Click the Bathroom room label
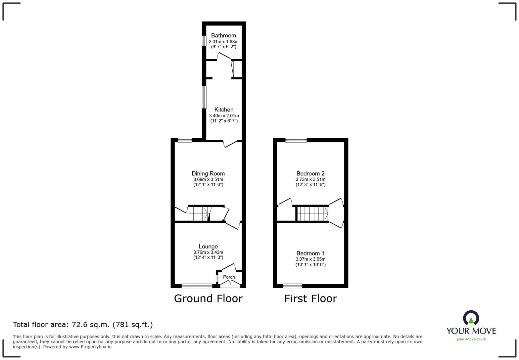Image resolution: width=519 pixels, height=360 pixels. tap(223, 35)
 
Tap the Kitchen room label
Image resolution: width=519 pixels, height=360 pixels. tap(224, 110)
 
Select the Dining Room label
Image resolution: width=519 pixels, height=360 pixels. tap(208, 173)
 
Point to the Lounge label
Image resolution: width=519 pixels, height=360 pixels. tap(208, 247)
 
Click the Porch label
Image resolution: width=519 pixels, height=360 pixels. tap(229, 277)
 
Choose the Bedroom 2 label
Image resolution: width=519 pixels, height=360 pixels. tap(310, 173)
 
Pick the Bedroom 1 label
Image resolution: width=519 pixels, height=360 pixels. tap(310, 253)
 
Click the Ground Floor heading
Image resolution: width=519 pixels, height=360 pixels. tap(208, 298)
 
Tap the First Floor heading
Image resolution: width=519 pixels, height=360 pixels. tap(310, 298)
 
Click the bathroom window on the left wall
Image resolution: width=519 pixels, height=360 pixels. tap(204, 41)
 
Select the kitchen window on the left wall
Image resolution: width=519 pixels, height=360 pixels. tap(204, 97)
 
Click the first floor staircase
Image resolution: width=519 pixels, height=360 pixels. tap(312, 214)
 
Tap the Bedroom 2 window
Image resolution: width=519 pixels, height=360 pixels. tap(296, 140)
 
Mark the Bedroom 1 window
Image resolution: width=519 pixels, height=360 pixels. tap(292, 286)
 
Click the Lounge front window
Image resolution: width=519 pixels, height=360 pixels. tap(197, 286)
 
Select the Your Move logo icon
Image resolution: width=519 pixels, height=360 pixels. tap(471, 318)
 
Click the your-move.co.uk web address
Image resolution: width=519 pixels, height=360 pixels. tap(471, 339)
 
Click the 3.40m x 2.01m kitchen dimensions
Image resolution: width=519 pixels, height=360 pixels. tap(224, 115)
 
